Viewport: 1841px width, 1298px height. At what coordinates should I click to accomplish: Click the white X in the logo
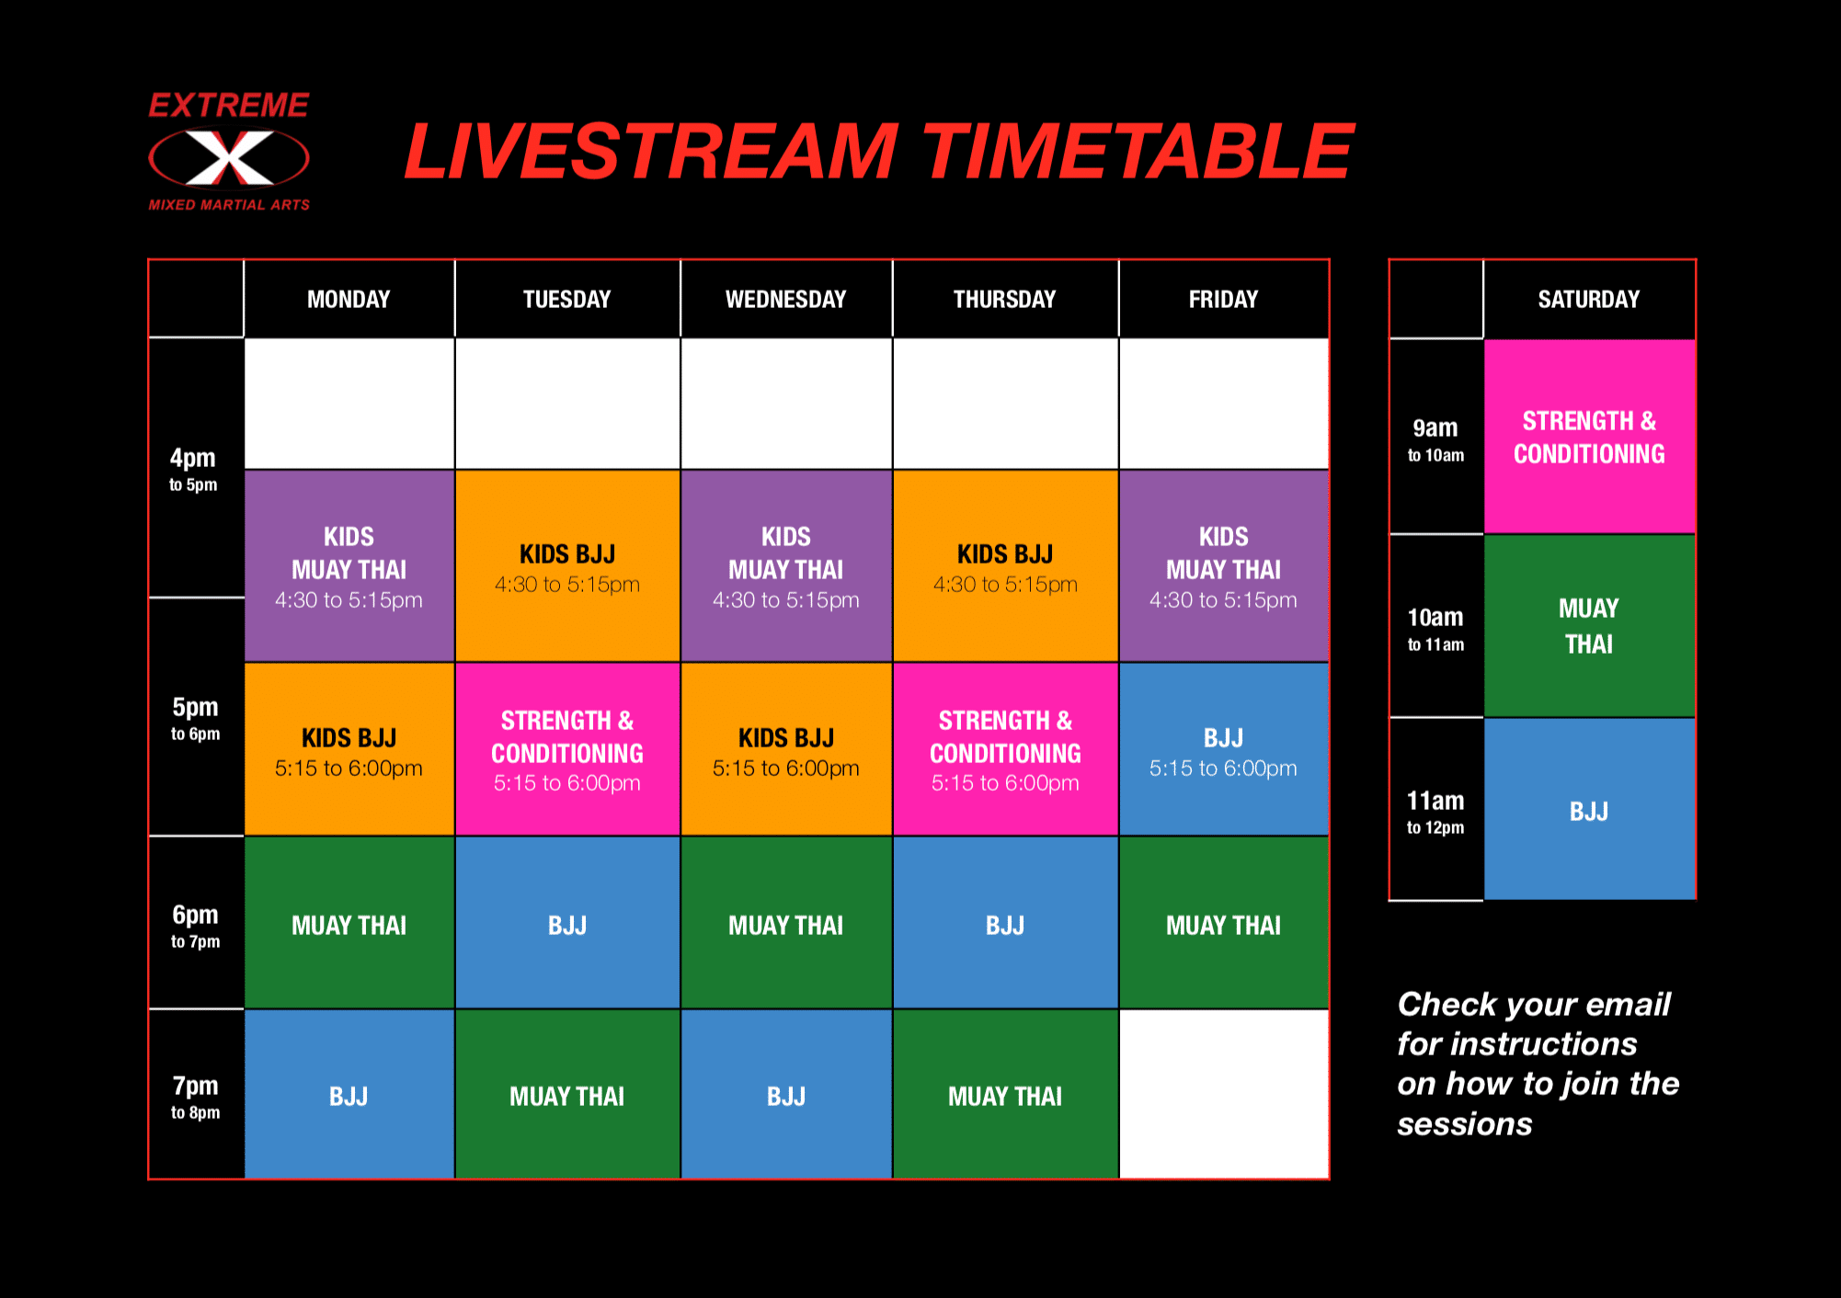(x=230, y=157)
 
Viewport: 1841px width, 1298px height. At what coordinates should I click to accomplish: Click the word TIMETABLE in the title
(x=1138, y=151)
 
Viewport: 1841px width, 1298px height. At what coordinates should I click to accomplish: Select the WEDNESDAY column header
(x=785, y=300)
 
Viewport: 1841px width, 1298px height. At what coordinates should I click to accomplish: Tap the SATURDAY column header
(x=1589, y=300)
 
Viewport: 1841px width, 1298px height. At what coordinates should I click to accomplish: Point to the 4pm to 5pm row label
(x=193, y=469)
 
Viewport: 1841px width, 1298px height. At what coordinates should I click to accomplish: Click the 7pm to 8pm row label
(x=195, y=1097)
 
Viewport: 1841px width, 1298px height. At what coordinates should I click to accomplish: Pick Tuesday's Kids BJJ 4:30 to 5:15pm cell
(x=567, y=566)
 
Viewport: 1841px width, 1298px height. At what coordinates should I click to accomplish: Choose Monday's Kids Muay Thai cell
(x=349, y=566)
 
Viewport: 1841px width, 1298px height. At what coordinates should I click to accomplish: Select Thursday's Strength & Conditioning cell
(x=1005, y=749)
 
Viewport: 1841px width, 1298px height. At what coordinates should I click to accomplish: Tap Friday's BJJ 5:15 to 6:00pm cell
(x=1223, y=749)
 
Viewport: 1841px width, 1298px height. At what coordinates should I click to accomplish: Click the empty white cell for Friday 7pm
(x=1223, y=1094)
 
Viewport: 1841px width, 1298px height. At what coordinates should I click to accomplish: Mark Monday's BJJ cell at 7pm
(x=349, y=1094)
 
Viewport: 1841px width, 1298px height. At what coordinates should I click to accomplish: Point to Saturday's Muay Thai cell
(x=1589, y=625)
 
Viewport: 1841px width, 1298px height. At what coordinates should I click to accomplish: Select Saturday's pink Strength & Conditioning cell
(x=1589, y=437)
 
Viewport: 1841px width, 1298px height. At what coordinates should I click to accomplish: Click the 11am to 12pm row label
(x=1435, y=812)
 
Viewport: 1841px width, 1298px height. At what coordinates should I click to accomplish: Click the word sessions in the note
(x=1465, y=1124)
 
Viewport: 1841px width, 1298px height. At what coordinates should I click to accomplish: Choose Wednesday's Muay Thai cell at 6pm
(x=785, y=923)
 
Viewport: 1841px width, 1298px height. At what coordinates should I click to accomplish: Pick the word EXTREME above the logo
(x=229, y=106)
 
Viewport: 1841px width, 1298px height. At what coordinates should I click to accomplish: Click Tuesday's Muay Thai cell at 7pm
(x=567, y=1094)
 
